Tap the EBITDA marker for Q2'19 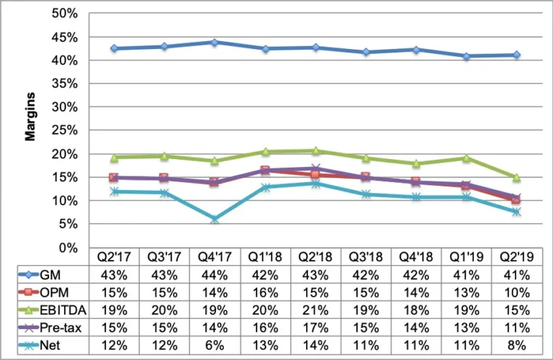516,177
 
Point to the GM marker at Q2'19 516,55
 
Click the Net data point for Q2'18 315,184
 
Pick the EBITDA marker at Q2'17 114,157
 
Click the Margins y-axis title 31,118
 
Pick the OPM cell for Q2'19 516,293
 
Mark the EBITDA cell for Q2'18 315,311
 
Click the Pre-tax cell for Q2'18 315,328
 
